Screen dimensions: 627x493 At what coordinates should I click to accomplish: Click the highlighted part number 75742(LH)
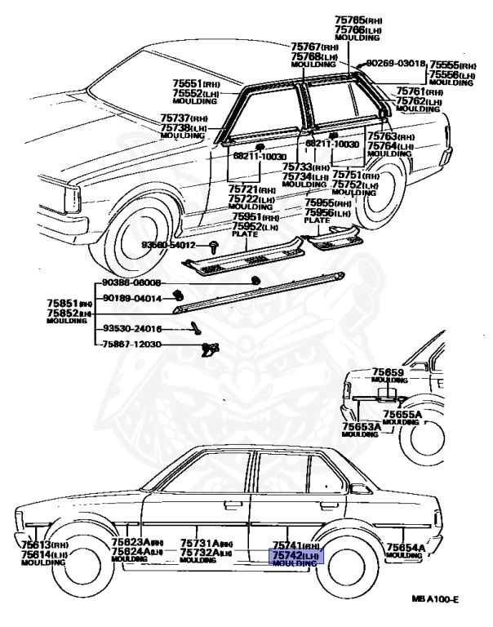pyautogui.click(x=296, y=555)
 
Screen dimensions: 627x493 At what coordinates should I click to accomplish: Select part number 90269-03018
pyautogui.click(x=396, y=63)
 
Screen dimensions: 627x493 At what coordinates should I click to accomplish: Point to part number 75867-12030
pyautogui.click(x=132, y=345)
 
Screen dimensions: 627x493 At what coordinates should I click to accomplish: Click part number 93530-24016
pyautogui.click(x=132, y=329)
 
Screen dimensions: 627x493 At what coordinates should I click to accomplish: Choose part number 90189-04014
pyautogui.click(x=132, y=299)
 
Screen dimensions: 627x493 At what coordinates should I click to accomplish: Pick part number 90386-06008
pyautogui.click(x=132, y=283)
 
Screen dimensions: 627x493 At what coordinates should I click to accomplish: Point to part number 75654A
pyautogui.click(x=406, y=548)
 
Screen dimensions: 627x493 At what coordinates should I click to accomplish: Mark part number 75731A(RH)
pyautogui.click(x=207, y=543)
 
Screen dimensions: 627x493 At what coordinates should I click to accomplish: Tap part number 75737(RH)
pyautogui.click(x=184, y=119)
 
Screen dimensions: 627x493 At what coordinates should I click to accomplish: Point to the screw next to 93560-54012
pyautogui.click(x=212, y=245)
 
